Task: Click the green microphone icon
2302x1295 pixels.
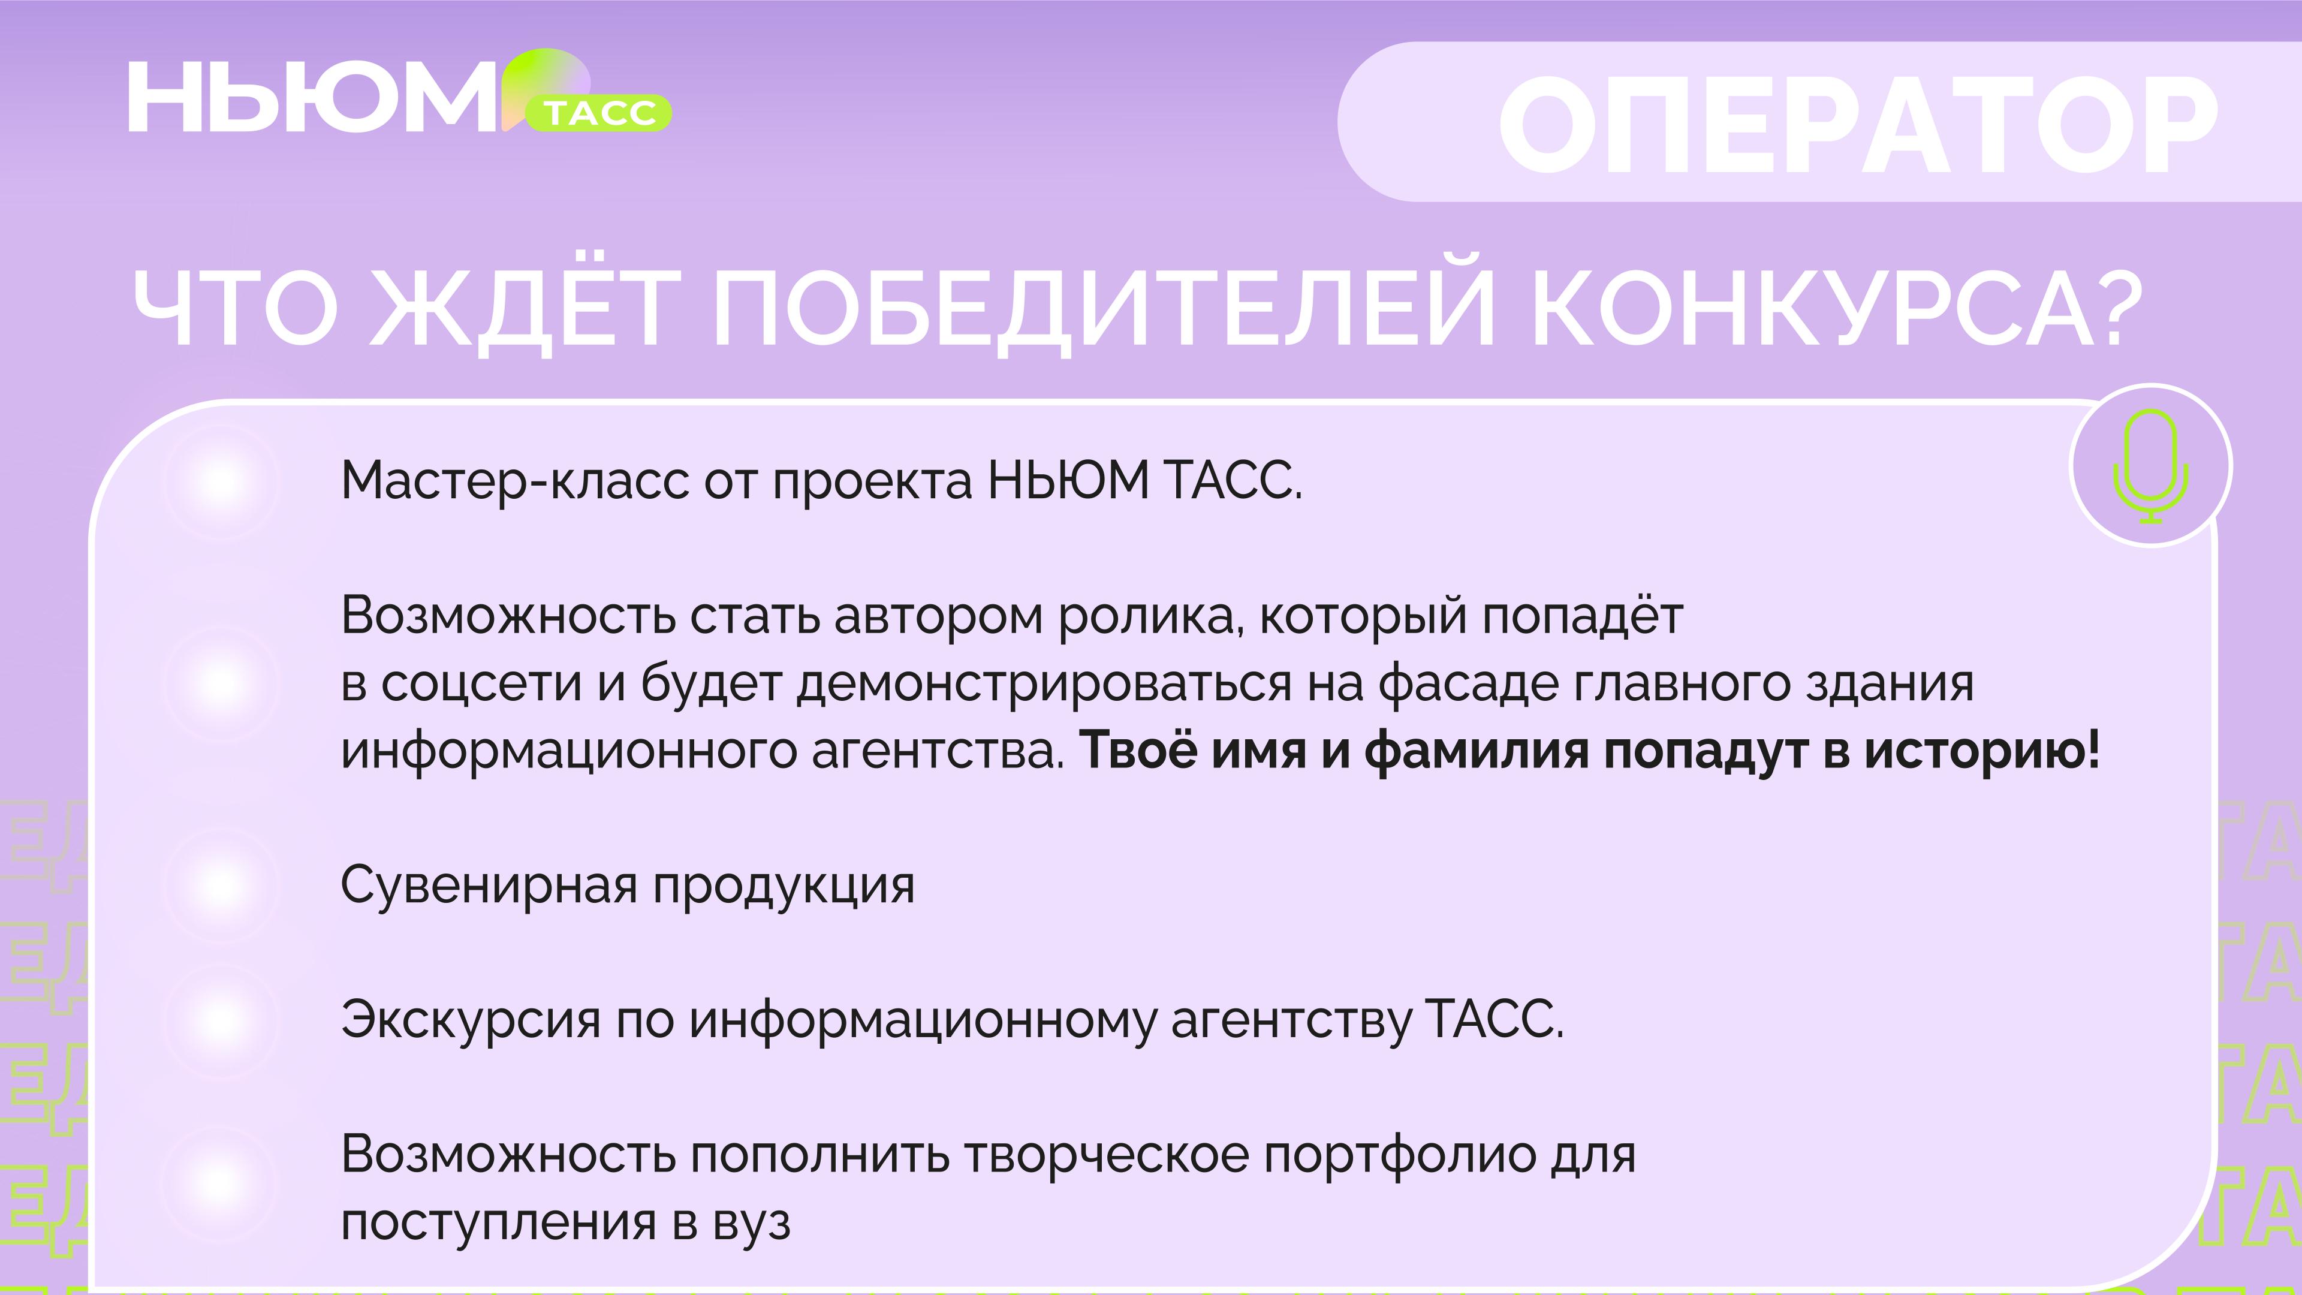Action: click(2151, 466)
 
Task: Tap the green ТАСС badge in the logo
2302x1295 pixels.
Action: click(599, 113)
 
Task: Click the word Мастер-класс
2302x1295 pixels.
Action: click(515, 481)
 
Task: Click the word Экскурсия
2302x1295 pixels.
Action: click(471, 1020)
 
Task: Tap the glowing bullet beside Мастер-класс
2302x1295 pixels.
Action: click(220, 481)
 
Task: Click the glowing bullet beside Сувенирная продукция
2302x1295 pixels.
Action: click(220, 885)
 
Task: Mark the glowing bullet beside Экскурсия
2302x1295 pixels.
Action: click(220, 1020)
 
